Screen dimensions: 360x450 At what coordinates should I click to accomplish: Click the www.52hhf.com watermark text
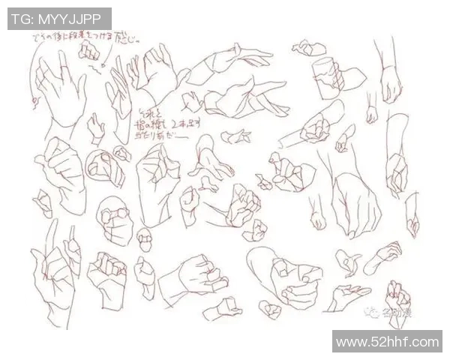tap(387, 343)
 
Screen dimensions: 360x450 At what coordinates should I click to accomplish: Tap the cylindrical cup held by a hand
tap(326, 78)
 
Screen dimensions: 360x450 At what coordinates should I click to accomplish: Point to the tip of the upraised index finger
tap(52, 224)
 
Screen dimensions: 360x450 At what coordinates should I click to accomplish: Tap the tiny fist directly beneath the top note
tap(90, 51)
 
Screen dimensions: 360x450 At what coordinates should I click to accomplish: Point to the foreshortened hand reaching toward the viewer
tap(205, 161)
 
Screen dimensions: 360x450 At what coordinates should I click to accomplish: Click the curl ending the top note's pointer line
tap(33, 97)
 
